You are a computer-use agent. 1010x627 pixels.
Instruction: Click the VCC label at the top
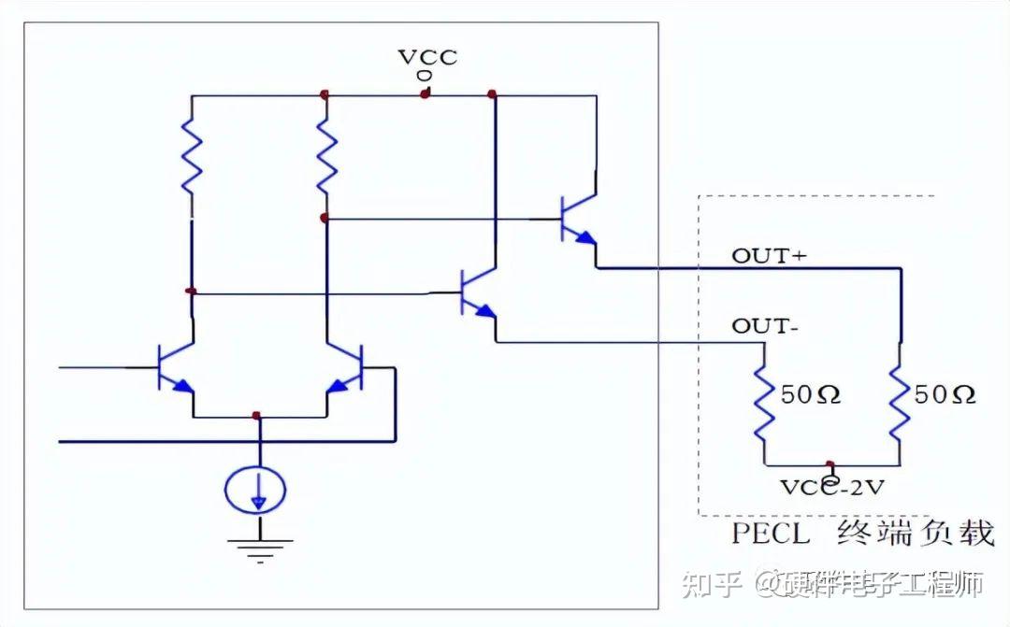coord(428,56)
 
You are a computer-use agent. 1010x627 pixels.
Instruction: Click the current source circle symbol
coord(256,489)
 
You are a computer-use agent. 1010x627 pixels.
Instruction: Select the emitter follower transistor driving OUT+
coord(575,220)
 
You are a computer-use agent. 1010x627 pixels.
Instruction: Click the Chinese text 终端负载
coord(915,534)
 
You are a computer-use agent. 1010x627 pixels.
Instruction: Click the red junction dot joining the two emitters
coord(256,413)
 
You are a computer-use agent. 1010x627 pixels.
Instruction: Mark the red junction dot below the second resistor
coord(324,218)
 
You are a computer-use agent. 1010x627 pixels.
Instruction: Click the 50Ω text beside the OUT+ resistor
coord(945,395)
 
